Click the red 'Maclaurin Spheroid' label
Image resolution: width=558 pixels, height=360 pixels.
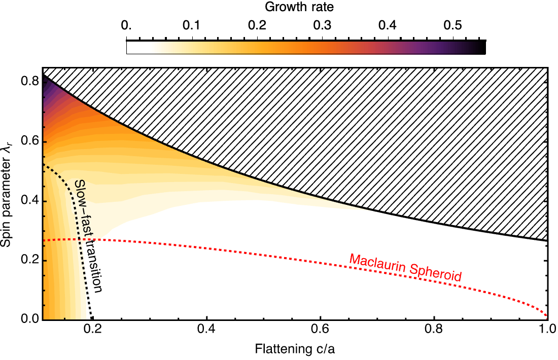tap(405, 267)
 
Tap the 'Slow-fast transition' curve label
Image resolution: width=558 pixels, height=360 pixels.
tap(88, 236)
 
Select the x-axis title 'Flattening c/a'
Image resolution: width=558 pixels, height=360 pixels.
tap(295, 350)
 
